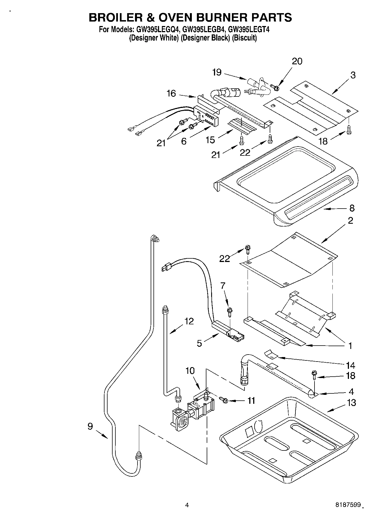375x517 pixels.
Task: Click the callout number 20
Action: click(x=297, y=61)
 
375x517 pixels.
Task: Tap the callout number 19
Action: click(x=217, y=72)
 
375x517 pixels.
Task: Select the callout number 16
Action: click(x=171, y=93)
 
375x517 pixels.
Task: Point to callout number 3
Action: click(x=353, y=75)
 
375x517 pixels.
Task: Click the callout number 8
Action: click(x=352, y=208)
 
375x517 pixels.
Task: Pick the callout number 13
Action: click(x=351, y=403)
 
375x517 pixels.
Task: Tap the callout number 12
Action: click(x=189, y=321)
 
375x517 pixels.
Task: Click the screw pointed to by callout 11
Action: click(x=224, y=400)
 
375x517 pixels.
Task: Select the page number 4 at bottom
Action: click(x=187, y=505)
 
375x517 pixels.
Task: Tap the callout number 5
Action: click(x=199, y=343)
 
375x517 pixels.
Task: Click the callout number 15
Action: click(x=210, y=140)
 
